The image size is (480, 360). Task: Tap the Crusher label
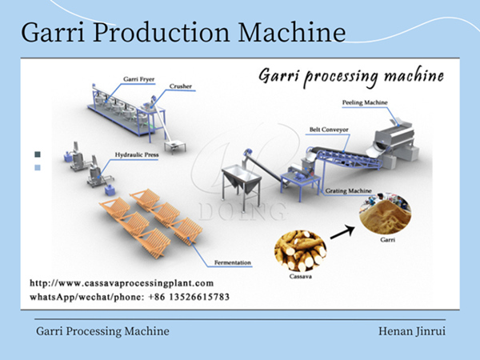(180, 86)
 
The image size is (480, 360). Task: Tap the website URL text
(122, 283)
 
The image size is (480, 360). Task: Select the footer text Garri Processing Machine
(102, 330)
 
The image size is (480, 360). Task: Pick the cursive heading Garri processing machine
(350, 77)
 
